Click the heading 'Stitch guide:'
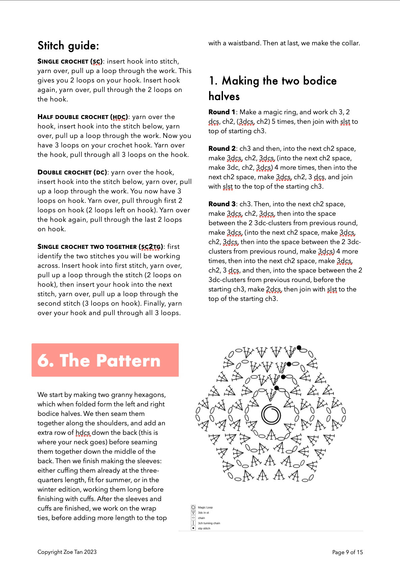pos(68,46)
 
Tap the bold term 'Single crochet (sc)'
pos(70,62)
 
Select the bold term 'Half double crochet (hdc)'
pos(83,117)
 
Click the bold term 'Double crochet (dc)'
pos(72,172)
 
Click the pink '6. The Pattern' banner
pos(105,360)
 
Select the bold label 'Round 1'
pos(222,112)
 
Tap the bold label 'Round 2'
pos(222,149)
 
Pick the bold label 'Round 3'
pos(222,204)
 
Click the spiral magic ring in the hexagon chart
pos(271,414)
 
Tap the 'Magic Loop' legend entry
pos(205,508)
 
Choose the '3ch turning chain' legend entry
pos(208,523)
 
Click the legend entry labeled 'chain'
pos(201,518)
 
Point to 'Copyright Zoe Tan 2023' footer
pos(67,552)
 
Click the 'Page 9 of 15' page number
pos(347,552)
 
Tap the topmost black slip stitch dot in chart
pos(299,348)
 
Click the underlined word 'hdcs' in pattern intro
pos(83,433)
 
